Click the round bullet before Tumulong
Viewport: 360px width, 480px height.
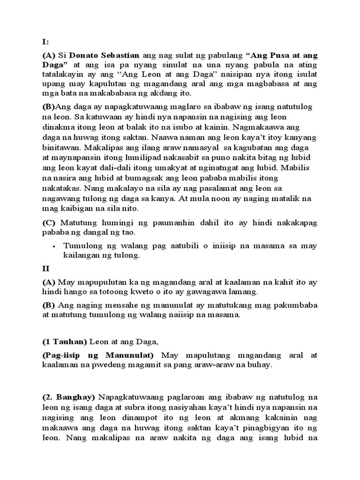tap(55, 246)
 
